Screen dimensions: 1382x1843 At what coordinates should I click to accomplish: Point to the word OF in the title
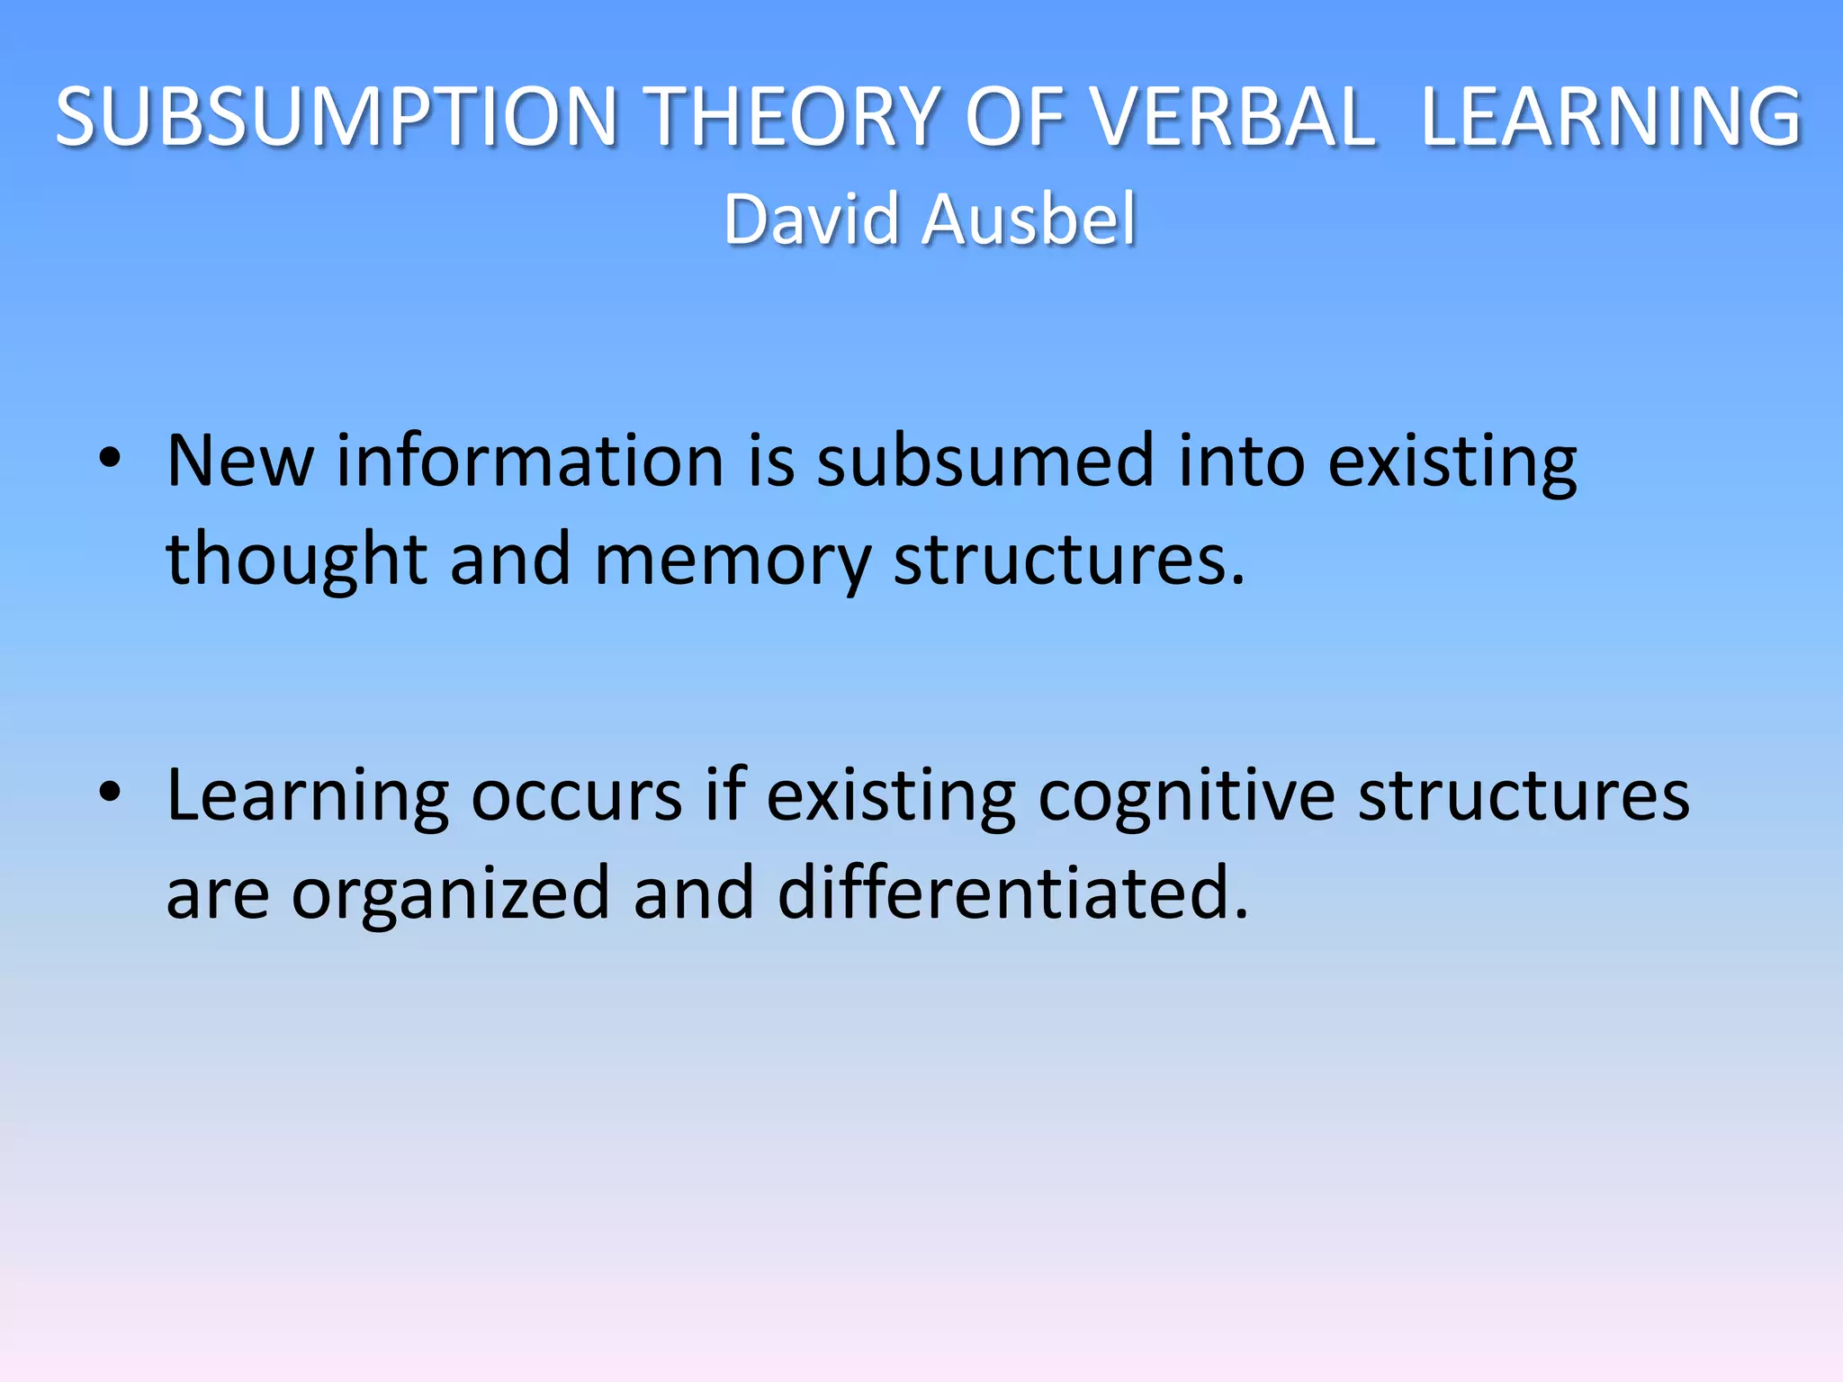1012,117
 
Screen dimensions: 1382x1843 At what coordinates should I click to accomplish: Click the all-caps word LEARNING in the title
1611,117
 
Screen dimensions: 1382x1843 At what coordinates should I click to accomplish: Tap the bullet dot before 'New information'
110,459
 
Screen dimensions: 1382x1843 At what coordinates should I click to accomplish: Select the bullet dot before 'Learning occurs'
110,793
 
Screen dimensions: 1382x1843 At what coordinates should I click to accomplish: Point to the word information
530,461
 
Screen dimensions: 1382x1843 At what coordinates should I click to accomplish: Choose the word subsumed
985,461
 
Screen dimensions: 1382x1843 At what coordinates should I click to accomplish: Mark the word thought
297,560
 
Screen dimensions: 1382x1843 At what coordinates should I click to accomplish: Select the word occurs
577,797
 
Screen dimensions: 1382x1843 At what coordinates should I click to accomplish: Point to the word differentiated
1012,893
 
